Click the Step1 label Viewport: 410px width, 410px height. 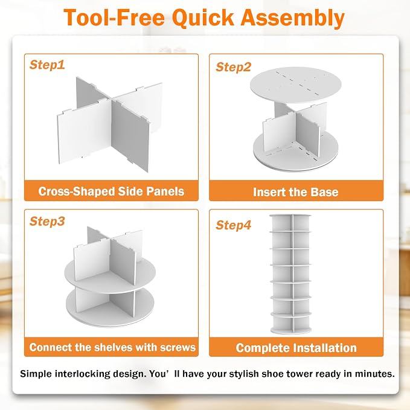47,65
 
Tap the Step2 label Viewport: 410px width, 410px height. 234,67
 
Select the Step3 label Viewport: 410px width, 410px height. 47,221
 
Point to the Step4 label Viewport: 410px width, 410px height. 234,225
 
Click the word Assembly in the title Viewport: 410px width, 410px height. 292,18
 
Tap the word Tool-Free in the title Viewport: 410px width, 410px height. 114,18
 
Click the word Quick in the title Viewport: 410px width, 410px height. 203,18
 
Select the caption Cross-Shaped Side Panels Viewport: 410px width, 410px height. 111,191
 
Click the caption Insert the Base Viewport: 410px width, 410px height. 296,192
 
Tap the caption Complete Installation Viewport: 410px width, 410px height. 296,348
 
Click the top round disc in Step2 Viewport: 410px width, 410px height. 296,85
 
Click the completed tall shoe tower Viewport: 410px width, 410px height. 291,274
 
